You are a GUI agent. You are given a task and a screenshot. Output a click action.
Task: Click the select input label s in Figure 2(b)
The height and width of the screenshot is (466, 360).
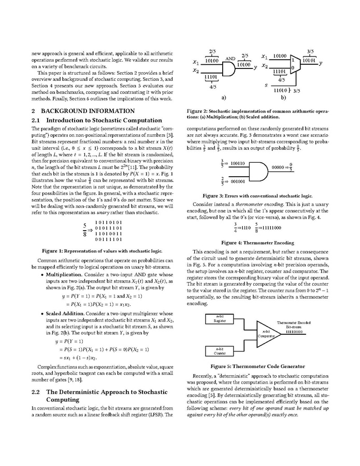pos(266,84)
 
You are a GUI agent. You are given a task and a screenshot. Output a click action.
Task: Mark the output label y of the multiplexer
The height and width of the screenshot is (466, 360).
pos(321,63)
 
